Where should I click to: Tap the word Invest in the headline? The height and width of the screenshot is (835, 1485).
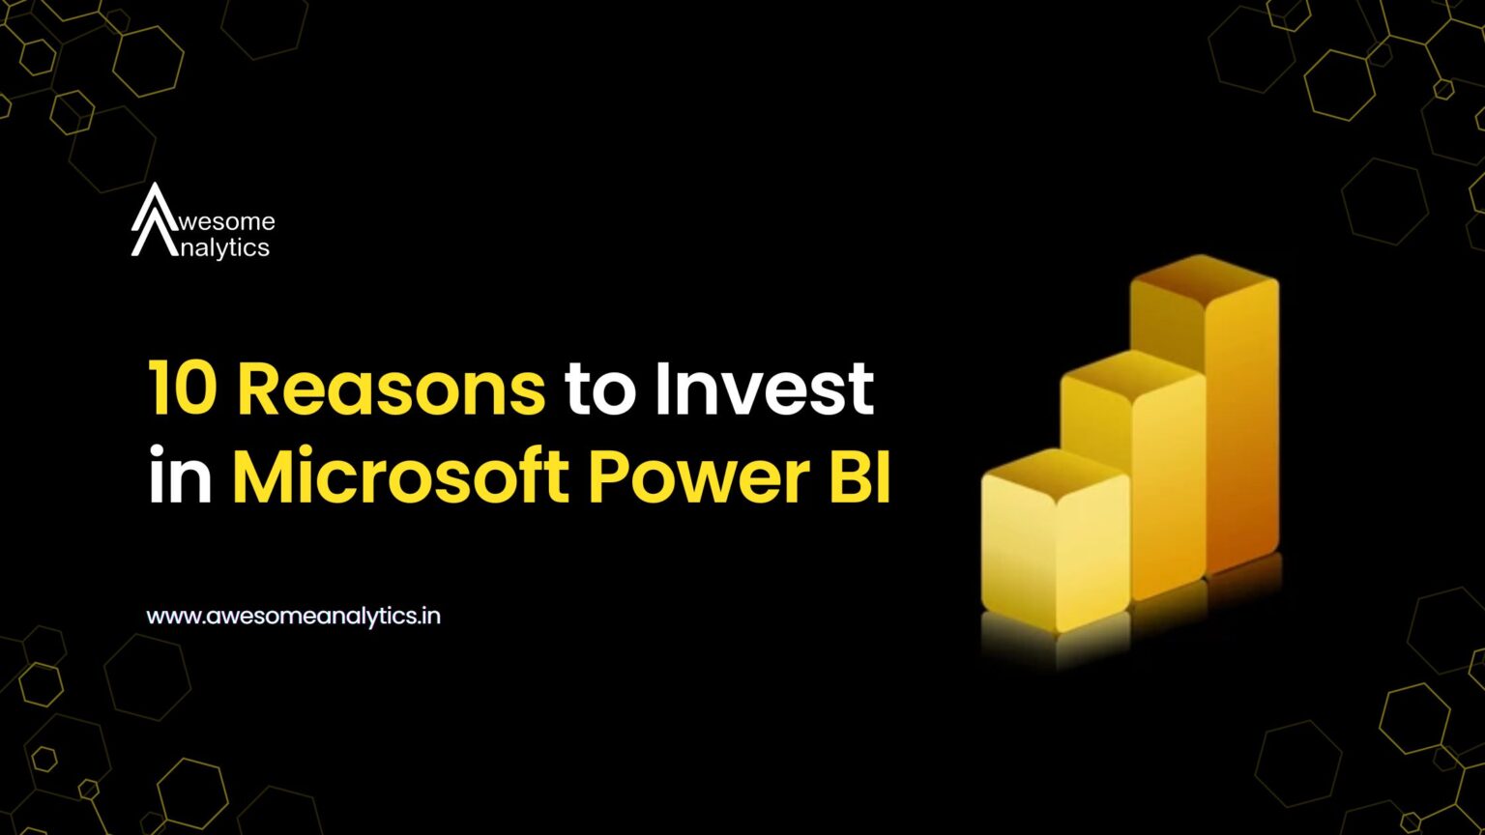(x=764, y=389)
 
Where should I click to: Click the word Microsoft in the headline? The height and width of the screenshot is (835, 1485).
(x=399, y=475)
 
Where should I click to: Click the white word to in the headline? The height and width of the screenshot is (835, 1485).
(x=600, y=391)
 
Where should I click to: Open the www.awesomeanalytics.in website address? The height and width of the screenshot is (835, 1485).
(x=293, y=617)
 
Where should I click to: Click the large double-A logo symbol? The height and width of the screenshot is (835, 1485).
(x=155, y=219)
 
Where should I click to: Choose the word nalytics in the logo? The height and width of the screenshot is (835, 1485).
(x=224, y=248)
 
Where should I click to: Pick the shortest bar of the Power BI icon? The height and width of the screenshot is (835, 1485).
(x=1056, y=540)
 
